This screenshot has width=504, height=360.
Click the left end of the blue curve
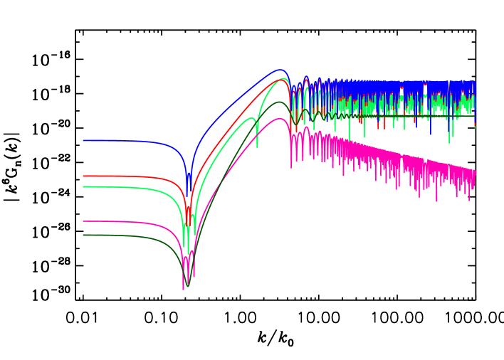click(x=83, y=141)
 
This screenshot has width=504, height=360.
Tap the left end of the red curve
click(x=83, y=176)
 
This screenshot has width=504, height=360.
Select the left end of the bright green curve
click(x=83, y=186)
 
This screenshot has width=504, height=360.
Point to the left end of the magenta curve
click(x=83, y=221)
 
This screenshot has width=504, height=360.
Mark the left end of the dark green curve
click(x=83, y=235)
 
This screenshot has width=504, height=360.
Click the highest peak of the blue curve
click(x=280, y=70)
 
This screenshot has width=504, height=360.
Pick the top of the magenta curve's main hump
click(x=278, y=118)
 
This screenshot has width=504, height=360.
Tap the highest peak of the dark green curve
click(x=278, y=102)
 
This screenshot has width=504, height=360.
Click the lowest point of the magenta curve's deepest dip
click(x=184, y=289)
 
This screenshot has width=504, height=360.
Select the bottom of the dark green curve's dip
click(x=188, y=285)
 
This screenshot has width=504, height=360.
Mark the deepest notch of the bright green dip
click(x=184, y=245)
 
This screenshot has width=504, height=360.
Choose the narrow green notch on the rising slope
click(x=257, y=147)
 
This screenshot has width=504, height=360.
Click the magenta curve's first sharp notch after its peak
click(x=290, y=168)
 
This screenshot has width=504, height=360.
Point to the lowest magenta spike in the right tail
click(x=437, y=201)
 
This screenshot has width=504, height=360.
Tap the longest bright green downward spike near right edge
click(x=450, y=143)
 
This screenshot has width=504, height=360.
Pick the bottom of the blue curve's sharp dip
click(x=189, y=195)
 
